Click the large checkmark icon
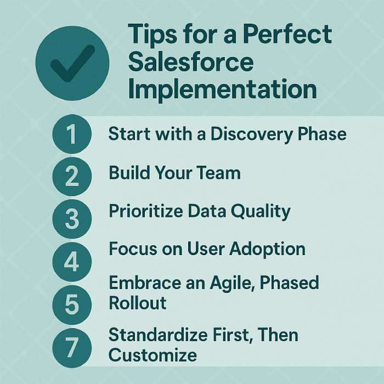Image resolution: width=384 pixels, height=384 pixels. (x=72, y=63)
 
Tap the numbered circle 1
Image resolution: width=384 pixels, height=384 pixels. (x=72, y=134)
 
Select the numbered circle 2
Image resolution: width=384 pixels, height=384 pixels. (x=72, y=176)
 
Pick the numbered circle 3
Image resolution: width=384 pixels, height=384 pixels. (x=72, y=219)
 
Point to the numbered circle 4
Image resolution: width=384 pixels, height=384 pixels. (x=72, y=262)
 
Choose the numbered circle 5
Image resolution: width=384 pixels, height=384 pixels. (x=72, y=304)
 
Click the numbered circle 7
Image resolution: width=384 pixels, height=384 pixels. (x=72, y=348)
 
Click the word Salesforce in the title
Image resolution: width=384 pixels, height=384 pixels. (x=191, y=61)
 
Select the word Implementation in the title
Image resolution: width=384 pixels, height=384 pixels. (x=222, y=89)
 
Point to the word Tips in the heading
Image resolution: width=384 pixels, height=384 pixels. (x=152, y=35)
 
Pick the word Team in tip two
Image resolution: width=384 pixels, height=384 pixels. (x=218, y=173)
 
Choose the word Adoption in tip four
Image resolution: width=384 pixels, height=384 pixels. (x=268, y=249)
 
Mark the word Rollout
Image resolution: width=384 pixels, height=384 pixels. (x=138, y=303)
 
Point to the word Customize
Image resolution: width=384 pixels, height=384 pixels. (x=153, y=355)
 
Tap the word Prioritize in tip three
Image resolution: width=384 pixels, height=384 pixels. (x=146, y=211)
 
